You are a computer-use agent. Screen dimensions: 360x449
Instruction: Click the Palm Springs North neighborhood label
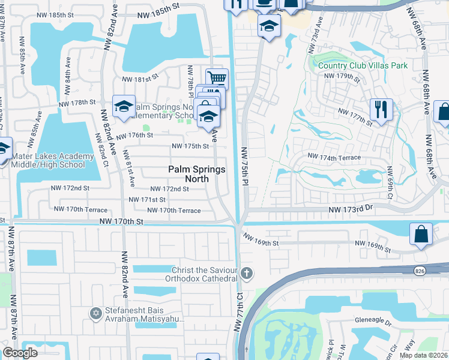(197, 174)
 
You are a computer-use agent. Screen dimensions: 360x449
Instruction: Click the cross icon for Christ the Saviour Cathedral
(246, 274)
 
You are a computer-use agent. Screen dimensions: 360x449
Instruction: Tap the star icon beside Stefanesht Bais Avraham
(95, 313)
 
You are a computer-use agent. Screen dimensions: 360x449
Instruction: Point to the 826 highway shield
(419, 271)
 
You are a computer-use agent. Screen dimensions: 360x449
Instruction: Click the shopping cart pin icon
(217, 78)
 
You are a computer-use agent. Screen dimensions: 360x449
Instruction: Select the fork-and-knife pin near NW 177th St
(381, 109)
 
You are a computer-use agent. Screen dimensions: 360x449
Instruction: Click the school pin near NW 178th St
(124, 106)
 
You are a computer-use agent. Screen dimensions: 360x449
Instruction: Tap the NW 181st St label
(139, 79)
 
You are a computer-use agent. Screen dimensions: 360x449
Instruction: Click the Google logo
(20, 353)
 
